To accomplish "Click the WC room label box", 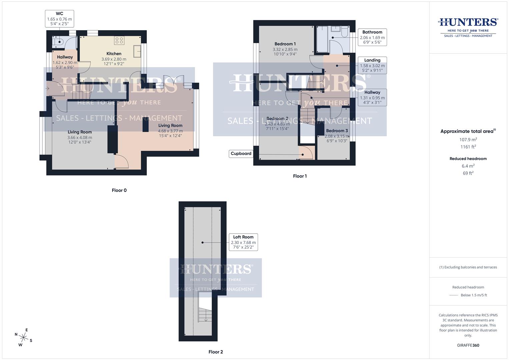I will point(59,19).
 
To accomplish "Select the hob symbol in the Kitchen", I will point(119,40).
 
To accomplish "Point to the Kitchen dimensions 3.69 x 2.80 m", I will point(114,59).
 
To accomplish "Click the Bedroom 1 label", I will point(285,44).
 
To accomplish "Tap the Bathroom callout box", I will point(372,37).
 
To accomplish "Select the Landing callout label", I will point(372,60).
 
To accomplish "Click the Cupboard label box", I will point(241,154).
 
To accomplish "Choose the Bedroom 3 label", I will point(337,131).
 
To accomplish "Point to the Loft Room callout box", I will point(243,242).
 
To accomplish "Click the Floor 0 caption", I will point(119,190).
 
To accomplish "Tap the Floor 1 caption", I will point(300,176).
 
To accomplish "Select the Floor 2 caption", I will point(216,352).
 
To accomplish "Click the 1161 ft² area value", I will point(468,147).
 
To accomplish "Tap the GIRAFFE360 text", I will point(468,345).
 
